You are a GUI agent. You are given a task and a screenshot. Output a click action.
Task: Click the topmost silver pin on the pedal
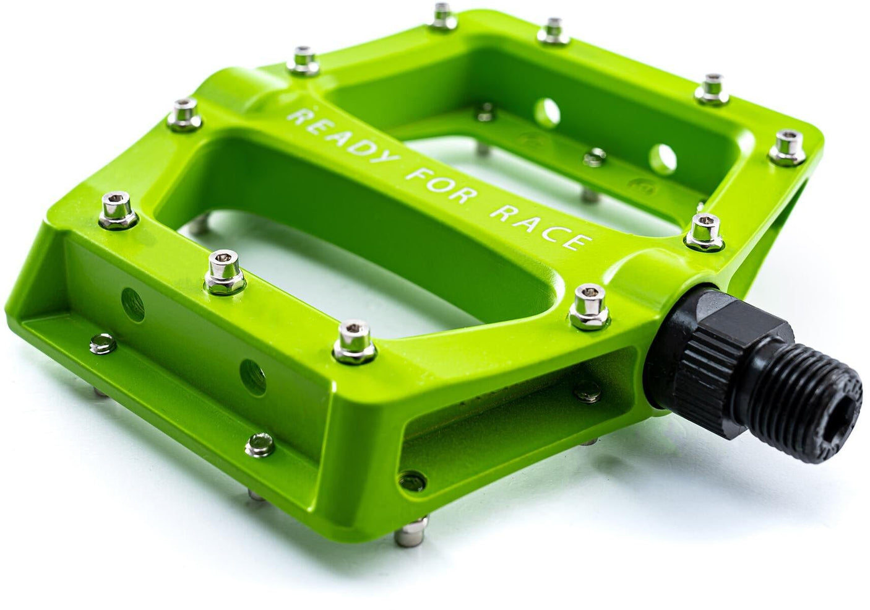click(x=441, y=12)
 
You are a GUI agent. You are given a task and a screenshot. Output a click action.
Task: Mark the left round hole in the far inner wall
click(x=547, y=110)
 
